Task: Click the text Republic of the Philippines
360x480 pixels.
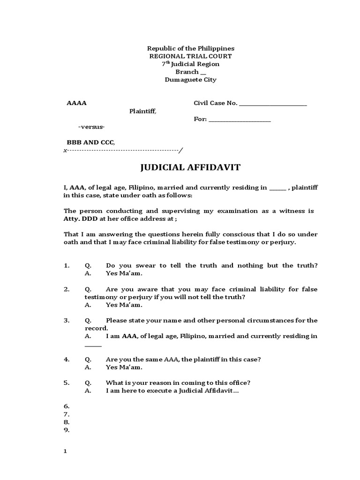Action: (x=191, y=48)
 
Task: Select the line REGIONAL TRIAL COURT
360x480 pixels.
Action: (x=190, y=56)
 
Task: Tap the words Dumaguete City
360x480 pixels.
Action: (x=190, y=80)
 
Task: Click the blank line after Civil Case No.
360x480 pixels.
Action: (x=273, y=104)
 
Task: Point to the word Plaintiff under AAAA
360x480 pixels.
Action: (x=143, y=112)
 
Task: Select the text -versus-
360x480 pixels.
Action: (x=91, y=127)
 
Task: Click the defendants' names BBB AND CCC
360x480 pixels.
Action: (x=90, y=142)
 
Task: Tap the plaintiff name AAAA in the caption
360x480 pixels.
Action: (x=76, y=103)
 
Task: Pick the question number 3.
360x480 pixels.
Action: (x=67, y=321)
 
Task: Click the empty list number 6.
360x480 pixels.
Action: (x=66, y=406)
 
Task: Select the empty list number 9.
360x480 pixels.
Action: (x=66, y=429)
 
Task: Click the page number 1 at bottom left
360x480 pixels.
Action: (x=66, y=451)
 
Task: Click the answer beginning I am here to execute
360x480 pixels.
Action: (x=172, y=391)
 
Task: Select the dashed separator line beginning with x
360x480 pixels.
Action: (x=123, y=150)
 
